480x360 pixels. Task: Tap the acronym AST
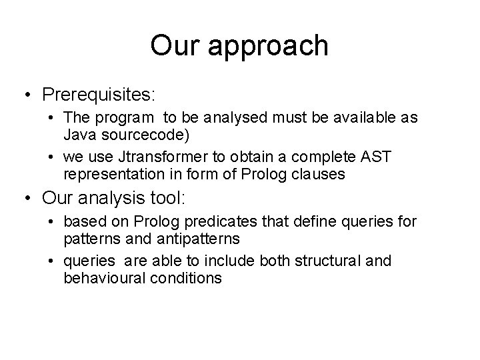point(378,157)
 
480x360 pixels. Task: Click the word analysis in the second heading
point(121,198)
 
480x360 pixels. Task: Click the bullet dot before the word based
point(51,221)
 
